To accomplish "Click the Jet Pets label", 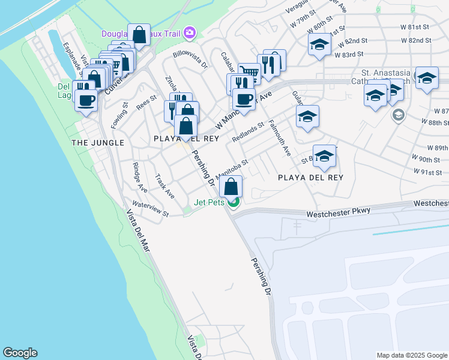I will click(209, 202).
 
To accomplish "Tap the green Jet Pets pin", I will click(234, 202).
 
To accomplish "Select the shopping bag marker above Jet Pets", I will click(231, 187).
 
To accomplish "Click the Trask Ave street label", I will click(164, 187).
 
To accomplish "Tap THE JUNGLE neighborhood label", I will click(98, 143).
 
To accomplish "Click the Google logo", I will click(20, 353).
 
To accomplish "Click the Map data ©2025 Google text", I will click(411, 355).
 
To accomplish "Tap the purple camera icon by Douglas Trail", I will click(190, 32).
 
